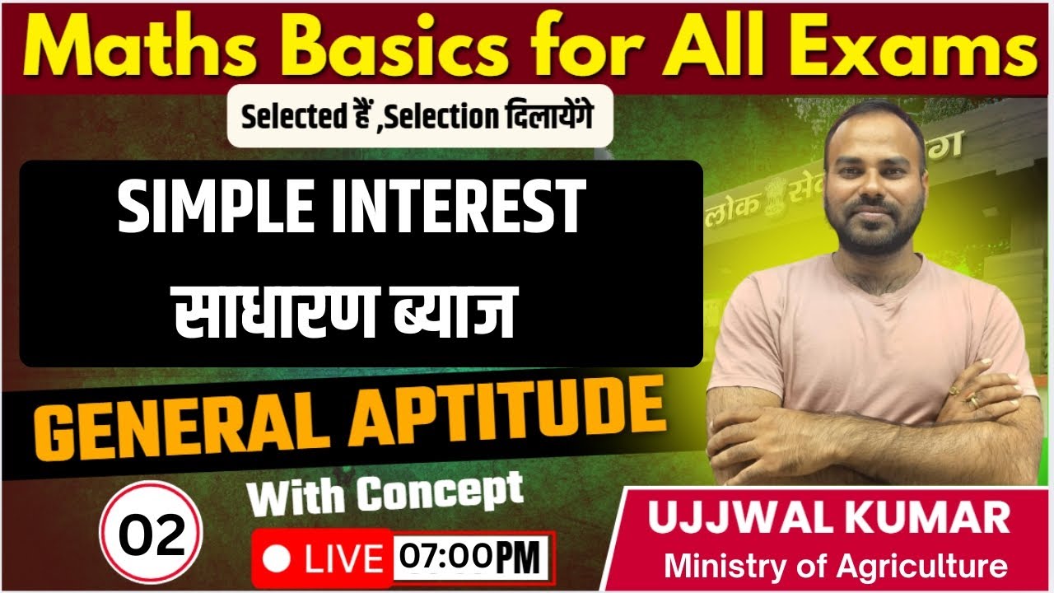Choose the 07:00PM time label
coord(473,559)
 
